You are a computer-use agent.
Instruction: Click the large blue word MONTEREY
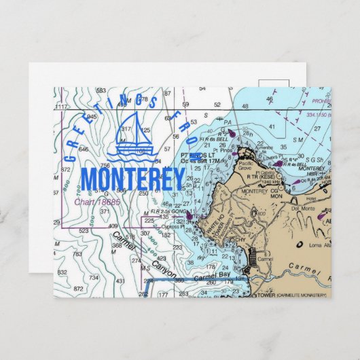tap(132, 179)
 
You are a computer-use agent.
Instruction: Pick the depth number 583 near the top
tap(101, 90)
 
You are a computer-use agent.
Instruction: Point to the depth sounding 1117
tap(61, 107)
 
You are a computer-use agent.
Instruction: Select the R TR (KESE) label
tap(261, 175)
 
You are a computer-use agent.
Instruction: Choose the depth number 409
tap(113, 226)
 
